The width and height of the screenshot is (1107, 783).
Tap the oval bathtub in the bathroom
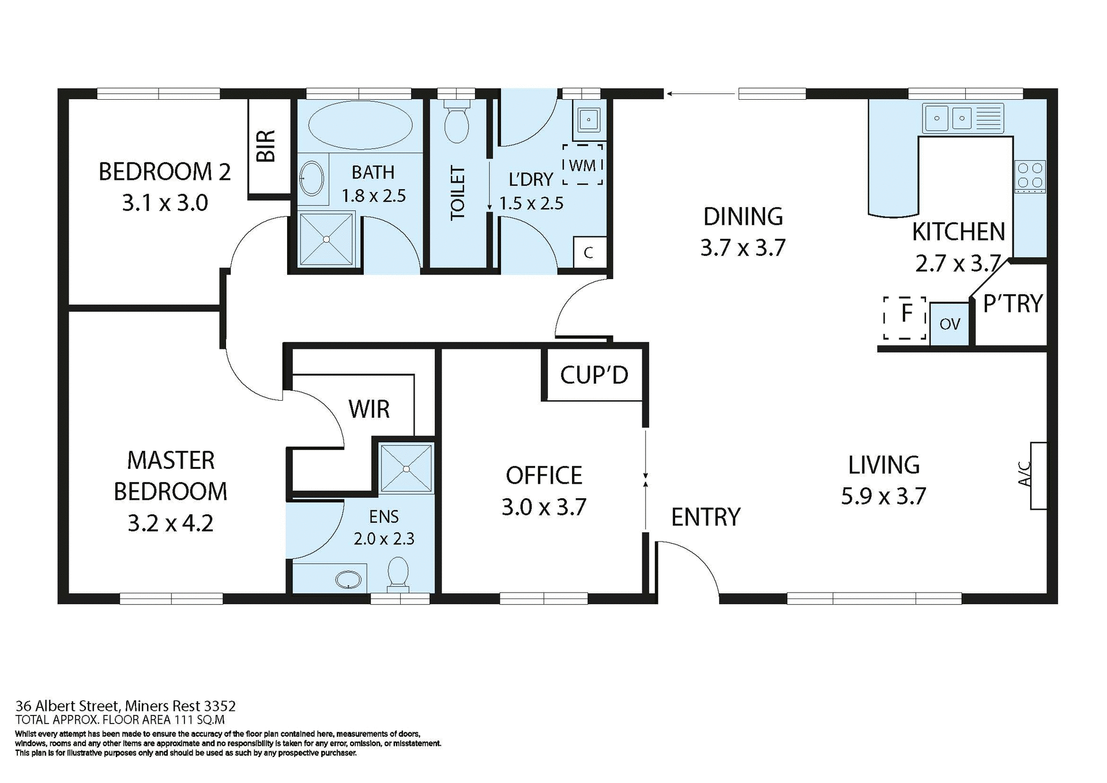360,126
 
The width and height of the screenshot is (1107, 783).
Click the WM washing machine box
583,165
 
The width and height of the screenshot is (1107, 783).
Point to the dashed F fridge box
905,318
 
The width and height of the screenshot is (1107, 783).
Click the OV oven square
950,324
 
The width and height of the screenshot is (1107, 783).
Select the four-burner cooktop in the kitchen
1030,176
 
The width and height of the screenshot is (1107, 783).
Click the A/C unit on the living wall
1038,476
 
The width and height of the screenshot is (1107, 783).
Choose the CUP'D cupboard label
594,375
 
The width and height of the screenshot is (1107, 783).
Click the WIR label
369,409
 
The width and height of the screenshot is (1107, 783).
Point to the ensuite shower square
406,468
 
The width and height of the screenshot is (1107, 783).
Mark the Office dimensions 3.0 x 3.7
544,507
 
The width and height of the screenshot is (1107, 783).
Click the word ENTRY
705,517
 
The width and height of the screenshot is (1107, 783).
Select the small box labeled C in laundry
589,253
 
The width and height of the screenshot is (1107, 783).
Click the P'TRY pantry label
1013,304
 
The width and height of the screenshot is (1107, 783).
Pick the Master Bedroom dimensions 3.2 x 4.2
170,524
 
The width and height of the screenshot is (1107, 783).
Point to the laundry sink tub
588,120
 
